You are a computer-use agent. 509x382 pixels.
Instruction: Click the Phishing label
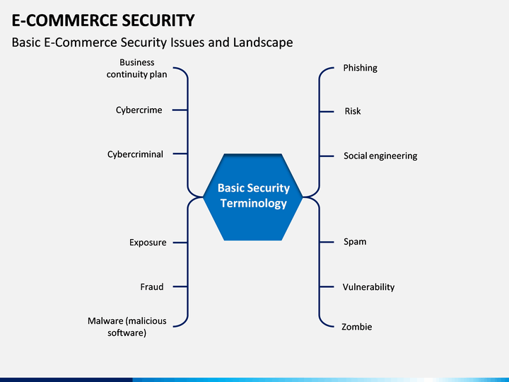point(360,68)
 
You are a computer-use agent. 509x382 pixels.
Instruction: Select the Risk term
point(353,111)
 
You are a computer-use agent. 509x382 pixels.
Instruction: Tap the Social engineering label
point(380,156)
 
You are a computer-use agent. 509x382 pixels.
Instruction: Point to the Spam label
point(355,242)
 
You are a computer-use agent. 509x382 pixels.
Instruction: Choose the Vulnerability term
point(368,286)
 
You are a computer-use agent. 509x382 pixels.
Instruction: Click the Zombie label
point(356,327)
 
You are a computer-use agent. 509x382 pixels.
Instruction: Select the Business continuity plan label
point(136,68)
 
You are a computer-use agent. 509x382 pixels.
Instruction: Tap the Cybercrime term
point(139,110)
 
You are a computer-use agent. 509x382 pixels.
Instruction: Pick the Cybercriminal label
point(135,154)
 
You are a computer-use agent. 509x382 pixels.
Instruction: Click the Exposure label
point(148,243)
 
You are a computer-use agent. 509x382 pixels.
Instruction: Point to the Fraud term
point(152,286)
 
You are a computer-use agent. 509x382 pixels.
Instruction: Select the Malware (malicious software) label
point(127,327)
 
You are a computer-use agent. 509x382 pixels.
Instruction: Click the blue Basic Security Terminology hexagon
point(253,197)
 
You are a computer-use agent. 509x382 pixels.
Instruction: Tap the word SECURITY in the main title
point(154,21)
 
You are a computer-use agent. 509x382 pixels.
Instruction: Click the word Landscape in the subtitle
point(263,42)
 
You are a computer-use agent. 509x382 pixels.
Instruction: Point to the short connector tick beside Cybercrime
point(180,110)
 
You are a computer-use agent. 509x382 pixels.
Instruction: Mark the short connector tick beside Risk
point(327,112)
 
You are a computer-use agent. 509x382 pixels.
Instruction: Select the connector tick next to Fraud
point(180,286)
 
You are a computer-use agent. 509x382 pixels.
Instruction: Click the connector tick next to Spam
point(327,242)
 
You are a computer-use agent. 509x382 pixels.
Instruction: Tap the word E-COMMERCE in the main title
point(61,21)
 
